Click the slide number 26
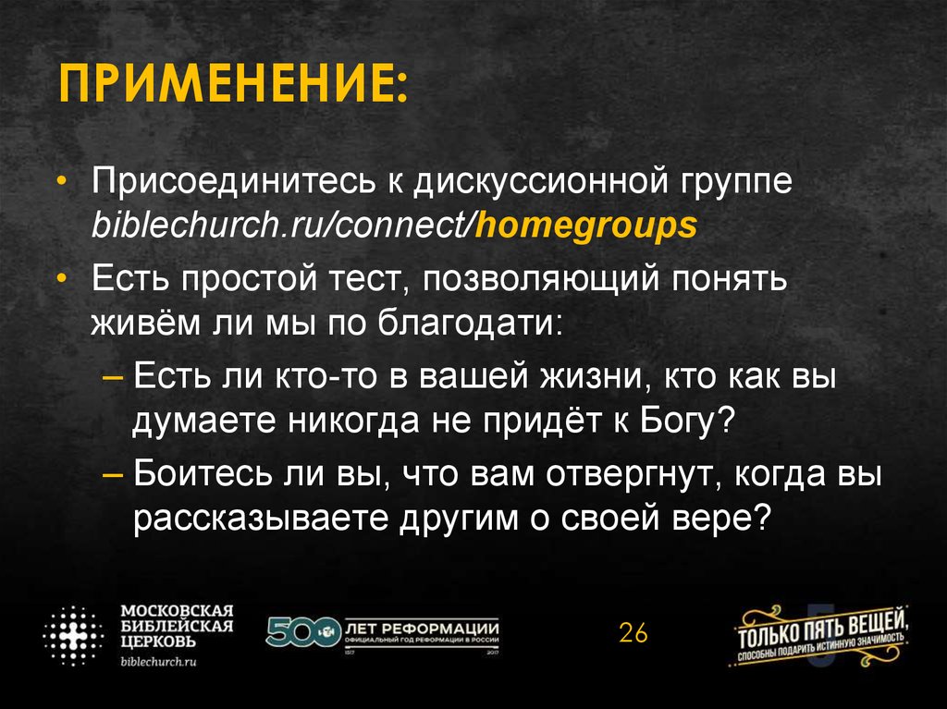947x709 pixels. (633, 633)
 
